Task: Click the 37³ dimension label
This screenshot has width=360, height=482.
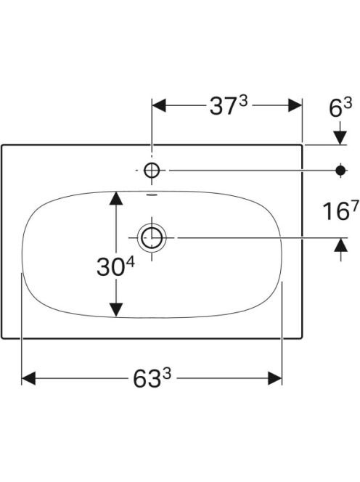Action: [229, 105]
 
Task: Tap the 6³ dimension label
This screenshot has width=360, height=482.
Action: [340, 107]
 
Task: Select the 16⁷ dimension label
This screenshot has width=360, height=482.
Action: [340, 211]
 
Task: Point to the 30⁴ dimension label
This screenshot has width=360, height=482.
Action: [115, 266]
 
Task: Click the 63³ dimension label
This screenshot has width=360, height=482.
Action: [152, 377]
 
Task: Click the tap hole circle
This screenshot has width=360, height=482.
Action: [152, 170]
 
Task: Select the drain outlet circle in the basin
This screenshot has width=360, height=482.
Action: [152, 237]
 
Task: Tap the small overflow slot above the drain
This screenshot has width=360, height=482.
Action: [152, 195]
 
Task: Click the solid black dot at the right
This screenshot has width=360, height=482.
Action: [340, 170]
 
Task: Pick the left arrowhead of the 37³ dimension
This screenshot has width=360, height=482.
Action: [159, 105]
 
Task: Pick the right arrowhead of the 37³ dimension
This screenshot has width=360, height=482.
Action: [295, 105]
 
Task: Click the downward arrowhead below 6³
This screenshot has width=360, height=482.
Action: [340, 137]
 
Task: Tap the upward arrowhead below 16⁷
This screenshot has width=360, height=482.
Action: [340, 245]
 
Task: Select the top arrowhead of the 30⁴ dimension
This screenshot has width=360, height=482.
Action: [116, 198]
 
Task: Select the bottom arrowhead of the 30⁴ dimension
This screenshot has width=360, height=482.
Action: [116, 309]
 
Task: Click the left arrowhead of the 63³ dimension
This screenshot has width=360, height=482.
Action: [28, 378]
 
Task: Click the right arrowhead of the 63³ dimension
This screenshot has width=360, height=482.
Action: [275, 378]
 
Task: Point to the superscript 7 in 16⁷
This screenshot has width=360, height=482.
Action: [354, 205]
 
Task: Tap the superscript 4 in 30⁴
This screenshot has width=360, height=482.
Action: [131, 262]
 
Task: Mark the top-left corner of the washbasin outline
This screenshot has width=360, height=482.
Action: [2, 144]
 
